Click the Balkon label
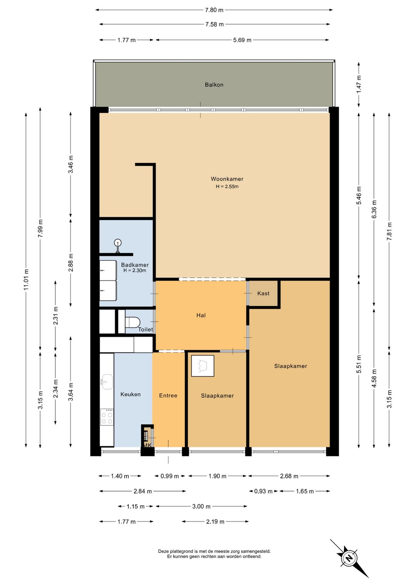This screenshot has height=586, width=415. pyautogui.click(x=214, y=85)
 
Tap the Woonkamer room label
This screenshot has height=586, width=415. pyautogui.click(x=227, y=179)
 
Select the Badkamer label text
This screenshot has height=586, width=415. pyautogui.click(x=135, y=265)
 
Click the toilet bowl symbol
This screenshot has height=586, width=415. pyautogui.click(x=133, y=322)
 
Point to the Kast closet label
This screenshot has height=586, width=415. pyautogui.click(x=263, y=293)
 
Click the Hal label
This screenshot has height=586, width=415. pyautogui.click(x=201, y=316)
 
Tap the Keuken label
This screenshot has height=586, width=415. pyautogui.click(x=130, y=394)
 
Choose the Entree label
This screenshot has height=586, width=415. pyautogui.click(x=168, y=396)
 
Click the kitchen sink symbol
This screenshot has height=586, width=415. pyautogui.click(x=106, y=382)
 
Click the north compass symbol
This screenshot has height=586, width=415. pyautogui.click(x=349, y=559)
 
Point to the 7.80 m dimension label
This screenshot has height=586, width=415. pyautogui.click(x=214, y=10)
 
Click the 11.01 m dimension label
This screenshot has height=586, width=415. pyautogui.click(x=26, y=280)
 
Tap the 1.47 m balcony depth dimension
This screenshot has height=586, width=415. pyautogui.click(x=359, y=84)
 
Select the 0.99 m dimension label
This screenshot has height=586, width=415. pyautogui.click(x=170, y=476)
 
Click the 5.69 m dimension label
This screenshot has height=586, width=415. pyautogui.click(x=242, y=40)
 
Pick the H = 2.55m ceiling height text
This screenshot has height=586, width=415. pyautogui.click(x=227, y=187)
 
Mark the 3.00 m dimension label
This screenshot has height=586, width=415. pyautogui.click(x=201, y=507)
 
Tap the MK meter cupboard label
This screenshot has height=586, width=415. pyautogui.click(x=147, y=445)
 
